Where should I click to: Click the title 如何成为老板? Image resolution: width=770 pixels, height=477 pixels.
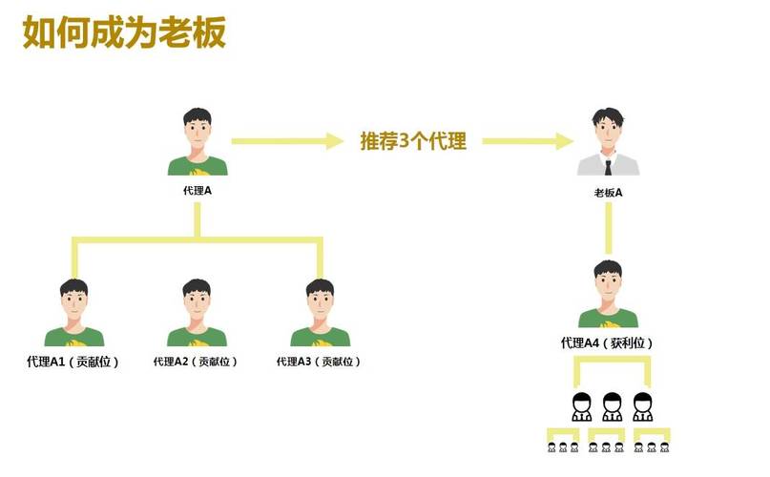point(124,32)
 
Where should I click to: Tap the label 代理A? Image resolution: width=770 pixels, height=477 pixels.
point(198,191)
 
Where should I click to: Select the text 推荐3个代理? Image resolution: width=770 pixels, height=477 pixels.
point(413,142)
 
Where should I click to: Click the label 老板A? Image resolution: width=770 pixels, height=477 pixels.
point(608,193)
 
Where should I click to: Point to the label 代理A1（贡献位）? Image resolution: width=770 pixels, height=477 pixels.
point(73,363)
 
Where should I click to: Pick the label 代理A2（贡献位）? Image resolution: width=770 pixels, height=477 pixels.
point(196,363)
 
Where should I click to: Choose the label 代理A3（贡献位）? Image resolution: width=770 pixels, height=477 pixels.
point(319,363)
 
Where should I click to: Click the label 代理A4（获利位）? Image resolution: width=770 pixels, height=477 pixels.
point(608,342)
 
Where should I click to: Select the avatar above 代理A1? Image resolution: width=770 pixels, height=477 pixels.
point(73,312)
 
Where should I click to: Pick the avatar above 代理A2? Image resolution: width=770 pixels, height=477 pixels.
point(197,312)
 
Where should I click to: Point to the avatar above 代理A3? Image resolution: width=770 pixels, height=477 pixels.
point(320,312)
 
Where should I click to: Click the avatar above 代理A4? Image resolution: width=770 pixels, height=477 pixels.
point(608,294)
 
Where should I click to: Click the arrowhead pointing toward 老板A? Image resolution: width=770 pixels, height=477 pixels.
point(564,142)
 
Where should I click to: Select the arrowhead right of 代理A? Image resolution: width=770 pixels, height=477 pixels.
point(333,142)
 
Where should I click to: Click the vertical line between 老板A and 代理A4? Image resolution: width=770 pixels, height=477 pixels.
point(608,229)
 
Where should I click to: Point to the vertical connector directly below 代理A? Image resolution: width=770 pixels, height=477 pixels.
point(198,219)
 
